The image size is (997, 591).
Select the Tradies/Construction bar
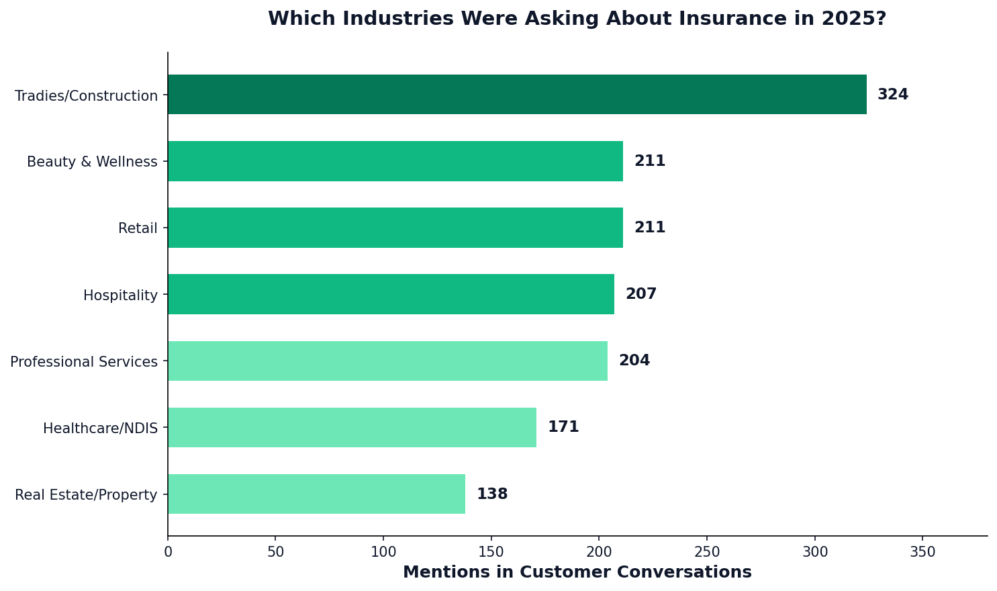tap(517, 95)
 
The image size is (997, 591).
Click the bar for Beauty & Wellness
tap(395, 161)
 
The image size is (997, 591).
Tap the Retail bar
tap(395, 228)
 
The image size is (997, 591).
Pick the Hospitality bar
tap(391, 294)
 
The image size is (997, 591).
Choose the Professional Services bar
tap(387, 361)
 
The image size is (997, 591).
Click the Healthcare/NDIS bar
tap(352, 427)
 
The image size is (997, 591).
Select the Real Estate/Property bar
tap(316, 494)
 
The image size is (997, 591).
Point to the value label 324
tap(893, 95)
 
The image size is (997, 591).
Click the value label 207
tap(641, 294)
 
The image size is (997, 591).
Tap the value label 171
tap(563, 427)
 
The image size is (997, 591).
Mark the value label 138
tap(492, 494)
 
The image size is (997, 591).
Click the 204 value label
tap(634, 361)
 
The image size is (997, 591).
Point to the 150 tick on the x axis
tap(491, 552)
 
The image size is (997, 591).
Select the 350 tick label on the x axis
tap(922, 552)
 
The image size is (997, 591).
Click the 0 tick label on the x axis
tap(168, 552)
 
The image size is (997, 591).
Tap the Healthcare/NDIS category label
tap(100, 428)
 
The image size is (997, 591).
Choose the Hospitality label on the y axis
tap(120, 295)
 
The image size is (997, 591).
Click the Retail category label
tap(138, 228)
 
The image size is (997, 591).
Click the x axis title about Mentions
tap(577, 572)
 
